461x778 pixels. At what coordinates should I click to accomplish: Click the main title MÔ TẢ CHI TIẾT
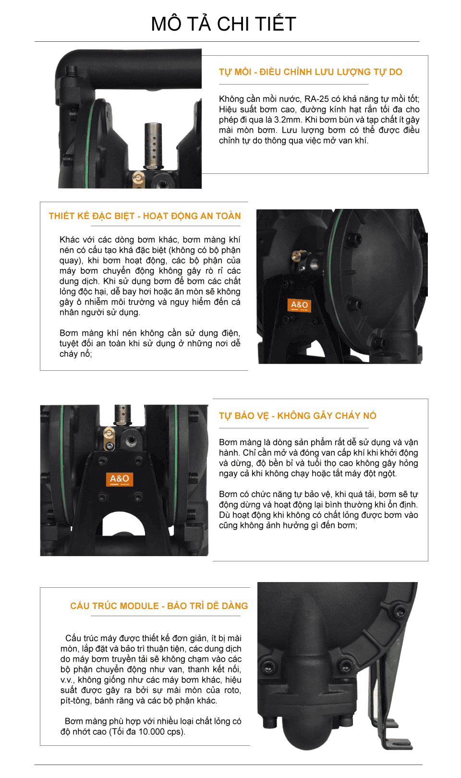click(x=223, y=24)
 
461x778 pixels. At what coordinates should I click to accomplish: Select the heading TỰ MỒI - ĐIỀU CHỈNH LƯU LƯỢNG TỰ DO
click(x=310, y=72)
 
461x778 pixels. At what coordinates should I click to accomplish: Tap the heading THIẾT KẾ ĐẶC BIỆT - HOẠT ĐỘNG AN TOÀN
click(x=145, y=216)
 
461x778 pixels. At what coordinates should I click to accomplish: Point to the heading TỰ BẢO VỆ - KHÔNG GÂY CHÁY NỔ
click(x=297, y=415)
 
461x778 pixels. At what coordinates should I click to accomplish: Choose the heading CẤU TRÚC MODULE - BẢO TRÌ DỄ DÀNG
click(x=159, y=606)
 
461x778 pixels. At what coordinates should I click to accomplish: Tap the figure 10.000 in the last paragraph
click(x=152, y=731)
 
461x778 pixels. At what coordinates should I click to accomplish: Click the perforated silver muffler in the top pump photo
click(x=153, y=145)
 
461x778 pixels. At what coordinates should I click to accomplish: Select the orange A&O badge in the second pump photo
click(x=299, y=305)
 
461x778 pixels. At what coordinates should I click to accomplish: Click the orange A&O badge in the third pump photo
click(x=120, y=479)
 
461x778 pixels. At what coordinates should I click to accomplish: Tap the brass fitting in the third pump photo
click(x=109, y=438)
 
